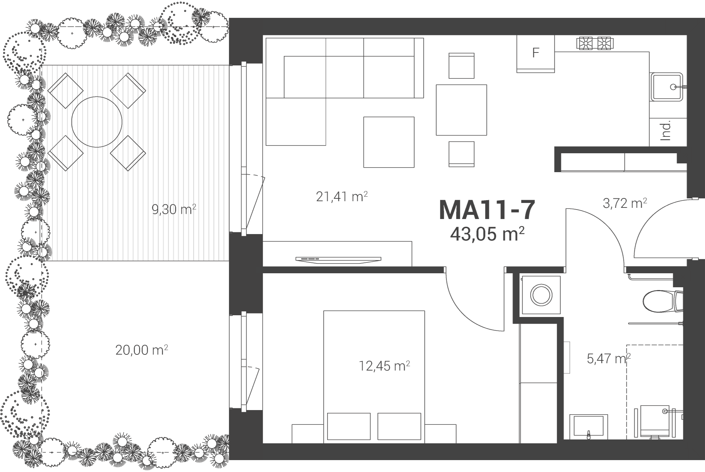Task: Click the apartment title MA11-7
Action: [487, 210]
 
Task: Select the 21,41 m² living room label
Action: [341, 197]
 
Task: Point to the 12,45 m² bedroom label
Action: [384, 366]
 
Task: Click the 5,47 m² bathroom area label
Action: [609, 359]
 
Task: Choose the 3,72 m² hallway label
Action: [625, 203]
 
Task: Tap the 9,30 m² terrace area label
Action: [174, 210]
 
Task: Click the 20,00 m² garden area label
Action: [142, 350]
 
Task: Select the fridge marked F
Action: [535, 54]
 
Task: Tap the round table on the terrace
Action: [97, 122]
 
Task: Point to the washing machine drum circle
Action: [541, 295]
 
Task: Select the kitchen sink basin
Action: [666, 87]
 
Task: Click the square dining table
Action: [461, 110]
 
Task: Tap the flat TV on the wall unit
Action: [338, 259]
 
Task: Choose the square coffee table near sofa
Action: [389, 142]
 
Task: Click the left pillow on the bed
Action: [348, 426]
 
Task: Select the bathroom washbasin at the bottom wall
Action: [589, 427]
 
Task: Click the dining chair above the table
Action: [461, 66]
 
